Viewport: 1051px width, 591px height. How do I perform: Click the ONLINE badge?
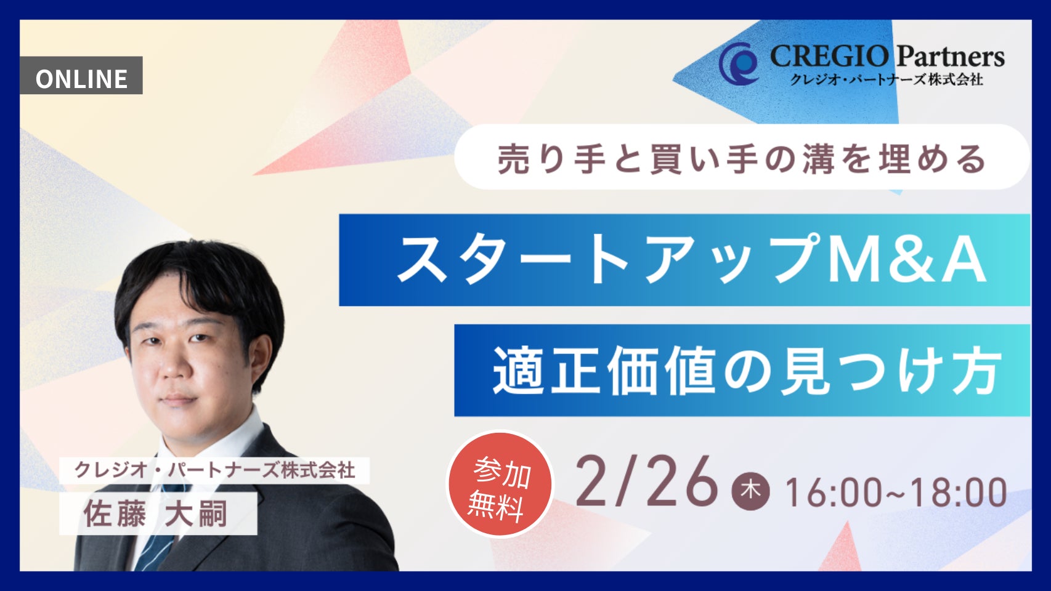(x=81, y=76)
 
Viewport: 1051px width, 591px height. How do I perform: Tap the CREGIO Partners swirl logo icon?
(x=739, y=63)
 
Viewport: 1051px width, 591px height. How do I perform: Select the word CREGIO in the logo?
(x=829, y=57)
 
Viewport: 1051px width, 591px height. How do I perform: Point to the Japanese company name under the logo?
(x=887, y=79)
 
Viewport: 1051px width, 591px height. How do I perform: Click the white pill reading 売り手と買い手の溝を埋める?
(x=742, y=157)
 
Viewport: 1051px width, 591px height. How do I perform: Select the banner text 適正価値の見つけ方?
(x=747, y=371)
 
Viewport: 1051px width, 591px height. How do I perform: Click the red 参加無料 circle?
(x=500, y=484)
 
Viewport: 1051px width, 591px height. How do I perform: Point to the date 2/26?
(x=647, y=481)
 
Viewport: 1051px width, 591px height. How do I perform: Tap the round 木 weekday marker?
(x=750, y=491)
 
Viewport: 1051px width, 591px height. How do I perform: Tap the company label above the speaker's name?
(x=214, y=470)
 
